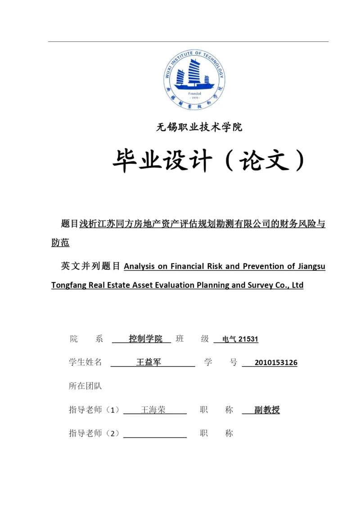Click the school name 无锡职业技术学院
[x=199, y=127]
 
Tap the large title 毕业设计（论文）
[x=208, y=160]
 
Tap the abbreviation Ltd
[x=297, y=285]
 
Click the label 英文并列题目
[x=90, y=266]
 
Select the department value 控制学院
[x=145, y=339]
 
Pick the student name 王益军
[x=148, y=362]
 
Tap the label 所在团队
[x=85, y=386]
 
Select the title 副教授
[x=267, y=410]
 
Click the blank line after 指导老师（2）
[x=155, y=434]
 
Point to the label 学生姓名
[x=85, y=362]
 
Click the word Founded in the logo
[x=194, y=94]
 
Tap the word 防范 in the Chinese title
[x=60, y=243]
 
